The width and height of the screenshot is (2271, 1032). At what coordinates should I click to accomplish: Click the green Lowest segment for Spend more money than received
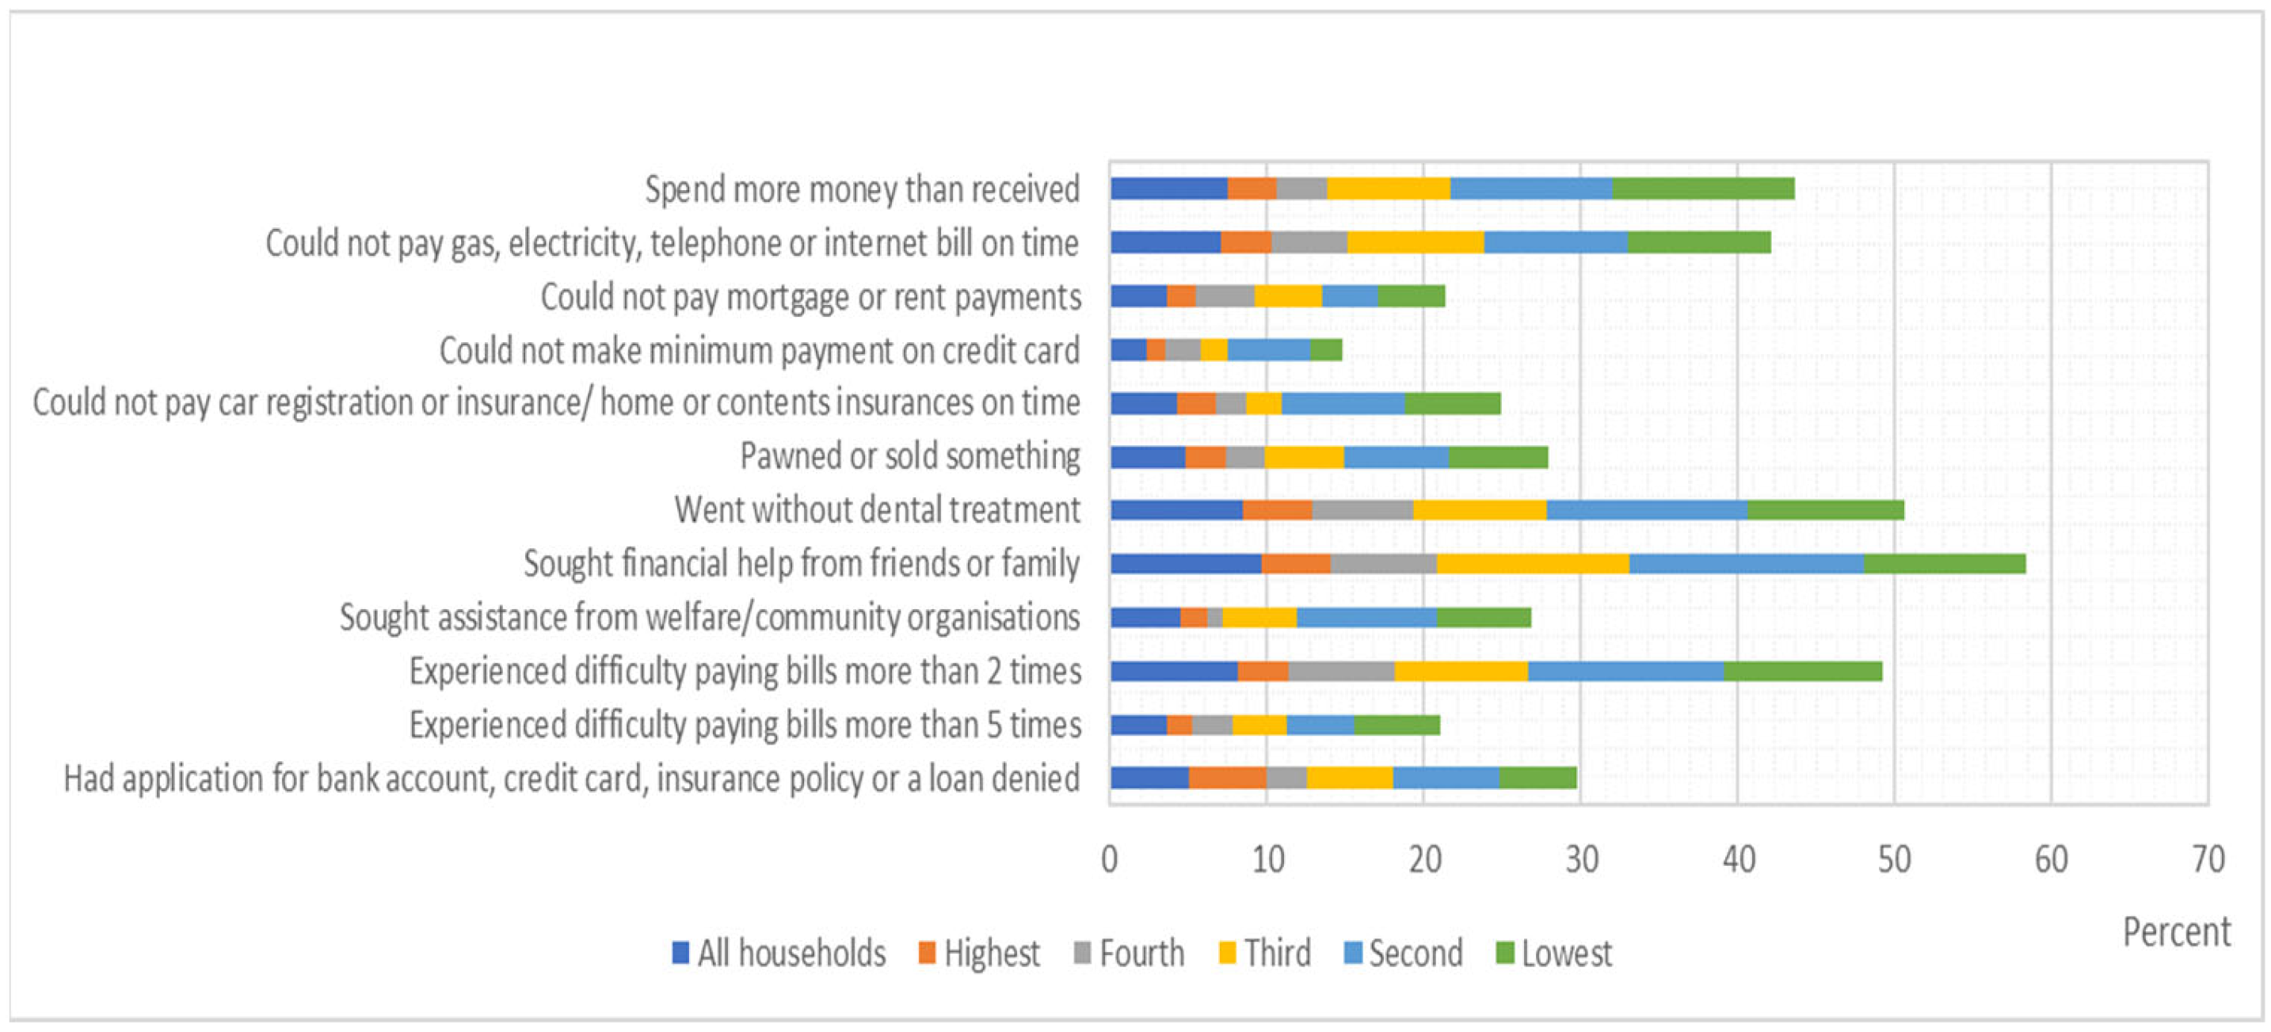1703,189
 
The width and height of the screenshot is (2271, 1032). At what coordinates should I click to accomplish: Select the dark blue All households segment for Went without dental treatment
1176,510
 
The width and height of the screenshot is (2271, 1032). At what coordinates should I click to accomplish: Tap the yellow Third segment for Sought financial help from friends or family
1533,564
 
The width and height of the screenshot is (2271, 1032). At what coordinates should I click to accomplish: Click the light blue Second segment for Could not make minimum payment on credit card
1269,350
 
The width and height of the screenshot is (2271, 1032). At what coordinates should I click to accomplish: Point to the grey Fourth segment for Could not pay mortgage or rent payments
1225,296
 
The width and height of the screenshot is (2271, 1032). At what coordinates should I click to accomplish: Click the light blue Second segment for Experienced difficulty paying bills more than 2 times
1625,672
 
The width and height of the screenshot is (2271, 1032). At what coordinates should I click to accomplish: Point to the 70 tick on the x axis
2208,859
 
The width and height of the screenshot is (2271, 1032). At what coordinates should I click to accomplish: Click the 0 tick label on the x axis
1109,859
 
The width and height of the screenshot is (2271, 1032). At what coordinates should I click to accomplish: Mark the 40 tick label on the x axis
1738,859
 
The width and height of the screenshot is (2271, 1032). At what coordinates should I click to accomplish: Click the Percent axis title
2176,932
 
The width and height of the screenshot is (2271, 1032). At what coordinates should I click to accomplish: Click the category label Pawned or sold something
910,456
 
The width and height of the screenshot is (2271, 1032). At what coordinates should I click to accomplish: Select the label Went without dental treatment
877,510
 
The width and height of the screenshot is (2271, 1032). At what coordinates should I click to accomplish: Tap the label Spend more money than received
862,189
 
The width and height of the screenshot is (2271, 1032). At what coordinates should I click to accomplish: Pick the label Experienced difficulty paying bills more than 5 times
745,725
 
